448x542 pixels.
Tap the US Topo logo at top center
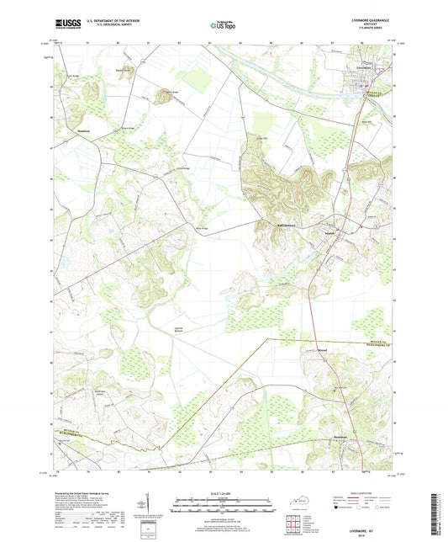(x=222, y=26)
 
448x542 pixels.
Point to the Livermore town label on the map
(x=368, y=66)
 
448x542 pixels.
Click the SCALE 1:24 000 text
(x=223, y=493)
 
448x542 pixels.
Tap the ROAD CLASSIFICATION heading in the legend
(x=367, y=494)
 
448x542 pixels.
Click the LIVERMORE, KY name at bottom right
(x=367, y=520)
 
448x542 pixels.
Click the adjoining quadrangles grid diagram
(x=293, y=523)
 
